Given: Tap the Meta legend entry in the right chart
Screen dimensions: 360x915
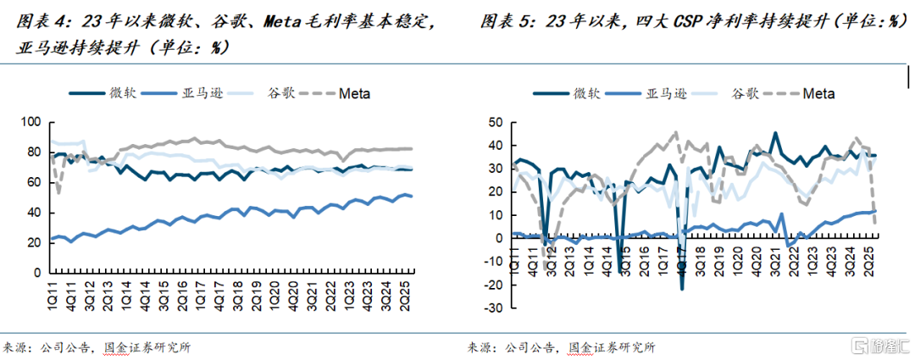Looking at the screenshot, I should click(818, 92).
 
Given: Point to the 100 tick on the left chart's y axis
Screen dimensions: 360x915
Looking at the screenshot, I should click(30, 123).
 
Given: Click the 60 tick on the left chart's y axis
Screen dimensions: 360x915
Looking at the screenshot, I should click(34, 183).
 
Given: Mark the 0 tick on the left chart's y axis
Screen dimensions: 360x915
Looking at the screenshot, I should click(37, 274).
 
